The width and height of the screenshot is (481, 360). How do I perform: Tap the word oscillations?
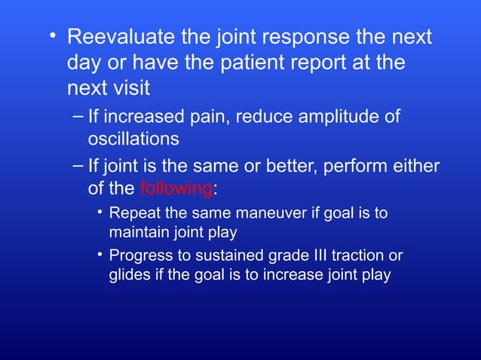(x=133, y=139)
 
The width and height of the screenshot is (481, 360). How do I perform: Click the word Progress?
(x=140, y=255)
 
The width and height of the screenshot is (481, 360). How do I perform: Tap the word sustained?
(x=216, y=255)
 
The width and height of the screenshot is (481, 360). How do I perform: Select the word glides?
(x=128, y=275)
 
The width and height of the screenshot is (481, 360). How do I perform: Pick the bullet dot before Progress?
(x=100, y=254)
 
